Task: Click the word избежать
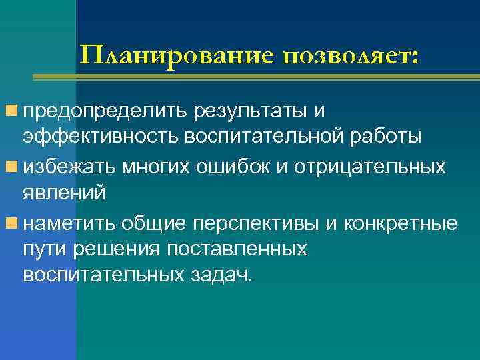click(69, 166)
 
